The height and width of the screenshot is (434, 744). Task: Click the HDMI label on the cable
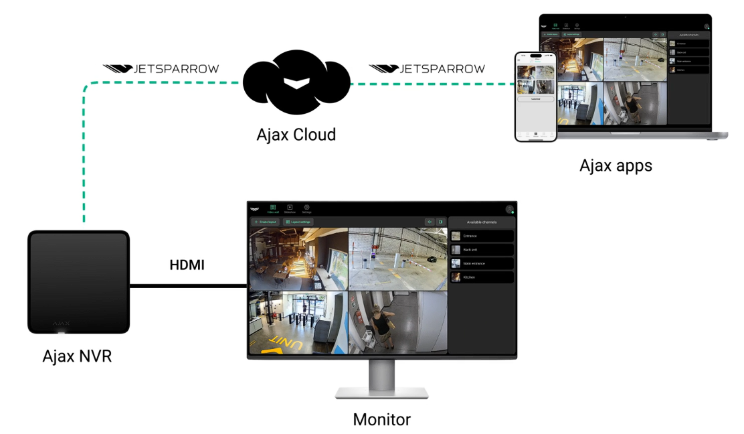pos(186,265)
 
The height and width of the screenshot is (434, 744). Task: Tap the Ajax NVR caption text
pos(77,356)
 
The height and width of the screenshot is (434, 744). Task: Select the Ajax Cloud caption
pos(296,134)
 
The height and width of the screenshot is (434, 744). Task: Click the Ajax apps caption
pos(616,165)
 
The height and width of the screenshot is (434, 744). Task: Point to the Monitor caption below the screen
pos(381,420)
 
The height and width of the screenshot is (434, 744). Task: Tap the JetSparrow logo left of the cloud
pos(161,69)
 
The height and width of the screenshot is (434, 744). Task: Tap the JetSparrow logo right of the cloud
pos(428,69)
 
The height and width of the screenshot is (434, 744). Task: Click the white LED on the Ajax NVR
pos(62,331)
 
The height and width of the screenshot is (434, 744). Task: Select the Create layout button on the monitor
pos(265,222)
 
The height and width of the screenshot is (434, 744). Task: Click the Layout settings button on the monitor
pos(298,222)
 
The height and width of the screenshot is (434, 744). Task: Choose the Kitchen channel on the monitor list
pos(482,277)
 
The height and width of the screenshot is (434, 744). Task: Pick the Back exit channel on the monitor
pos(482,249)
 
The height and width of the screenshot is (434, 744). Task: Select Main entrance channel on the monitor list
pos(482,263)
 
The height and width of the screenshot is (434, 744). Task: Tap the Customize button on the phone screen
pos(535,98)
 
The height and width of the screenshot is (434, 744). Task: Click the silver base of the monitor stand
pos(382,394)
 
